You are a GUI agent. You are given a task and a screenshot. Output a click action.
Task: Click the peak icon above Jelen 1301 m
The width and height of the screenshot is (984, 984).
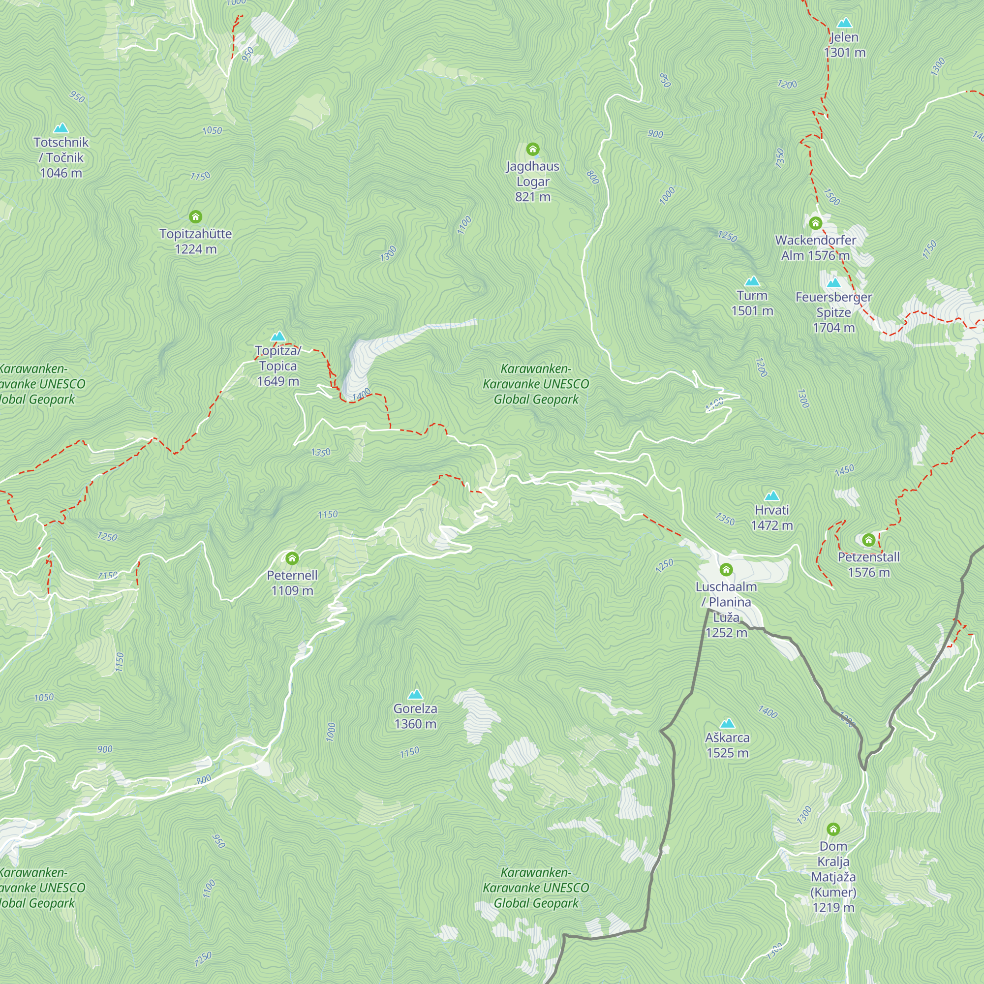844,23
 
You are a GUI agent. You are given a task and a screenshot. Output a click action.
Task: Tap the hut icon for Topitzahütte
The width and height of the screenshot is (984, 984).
196,217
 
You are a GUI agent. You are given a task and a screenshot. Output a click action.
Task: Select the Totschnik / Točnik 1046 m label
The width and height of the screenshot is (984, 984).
61,157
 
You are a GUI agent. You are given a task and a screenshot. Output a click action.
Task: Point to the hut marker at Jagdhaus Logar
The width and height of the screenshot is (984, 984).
533,149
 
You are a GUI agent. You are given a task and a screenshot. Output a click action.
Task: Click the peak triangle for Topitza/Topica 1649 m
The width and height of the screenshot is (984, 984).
278,336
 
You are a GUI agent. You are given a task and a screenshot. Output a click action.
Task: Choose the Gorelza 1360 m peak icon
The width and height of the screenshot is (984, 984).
416,694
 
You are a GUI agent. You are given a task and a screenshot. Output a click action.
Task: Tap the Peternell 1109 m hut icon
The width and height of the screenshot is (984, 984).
292,559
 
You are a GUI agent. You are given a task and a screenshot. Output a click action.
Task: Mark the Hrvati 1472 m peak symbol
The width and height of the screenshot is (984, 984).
771,496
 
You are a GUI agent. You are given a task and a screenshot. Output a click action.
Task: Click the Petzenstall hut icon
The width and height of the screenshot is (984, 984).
869,540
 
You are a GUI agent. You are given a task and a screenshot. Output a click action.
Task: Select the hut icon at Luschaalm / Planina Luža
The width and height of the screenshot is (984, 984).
726,569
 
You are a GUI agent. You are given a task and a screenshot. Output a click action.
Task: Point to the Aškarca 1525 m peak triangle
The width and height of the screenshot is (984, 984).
727,723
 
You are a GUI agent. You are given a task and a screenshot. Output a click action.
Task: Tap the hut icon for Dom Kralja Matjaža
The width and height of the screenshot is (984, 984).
833,830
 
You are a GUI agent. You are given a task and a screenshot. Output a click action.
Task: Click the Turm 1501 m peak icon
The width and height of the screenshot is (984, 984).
752,281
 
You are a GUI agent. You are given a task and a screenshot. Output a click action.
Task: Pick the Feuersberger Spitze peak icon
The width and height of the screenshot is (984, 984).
833,283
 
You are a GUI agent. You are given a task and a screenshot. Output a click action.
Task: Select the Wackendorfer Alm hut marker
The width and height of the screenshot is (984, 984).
815,223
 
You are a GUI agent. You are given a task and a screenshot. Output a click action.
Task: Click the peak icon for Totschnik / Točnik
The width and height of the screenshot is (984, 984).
61,128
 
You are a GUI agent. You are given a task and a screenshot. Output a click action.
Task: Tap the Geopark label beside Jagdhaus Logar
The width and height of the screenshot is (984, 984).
536,384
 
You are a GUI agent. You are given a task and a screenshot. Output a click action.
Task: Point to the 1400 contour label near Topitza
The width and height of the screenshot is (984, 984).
361,394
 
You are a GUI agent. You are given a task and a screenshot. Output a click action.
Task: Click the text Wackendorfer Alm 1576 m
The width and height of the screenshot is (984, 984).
815,247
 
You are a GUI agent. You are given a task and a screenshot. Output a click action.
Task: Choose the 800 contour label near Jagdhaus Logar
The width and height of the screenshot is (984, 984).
593,177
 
